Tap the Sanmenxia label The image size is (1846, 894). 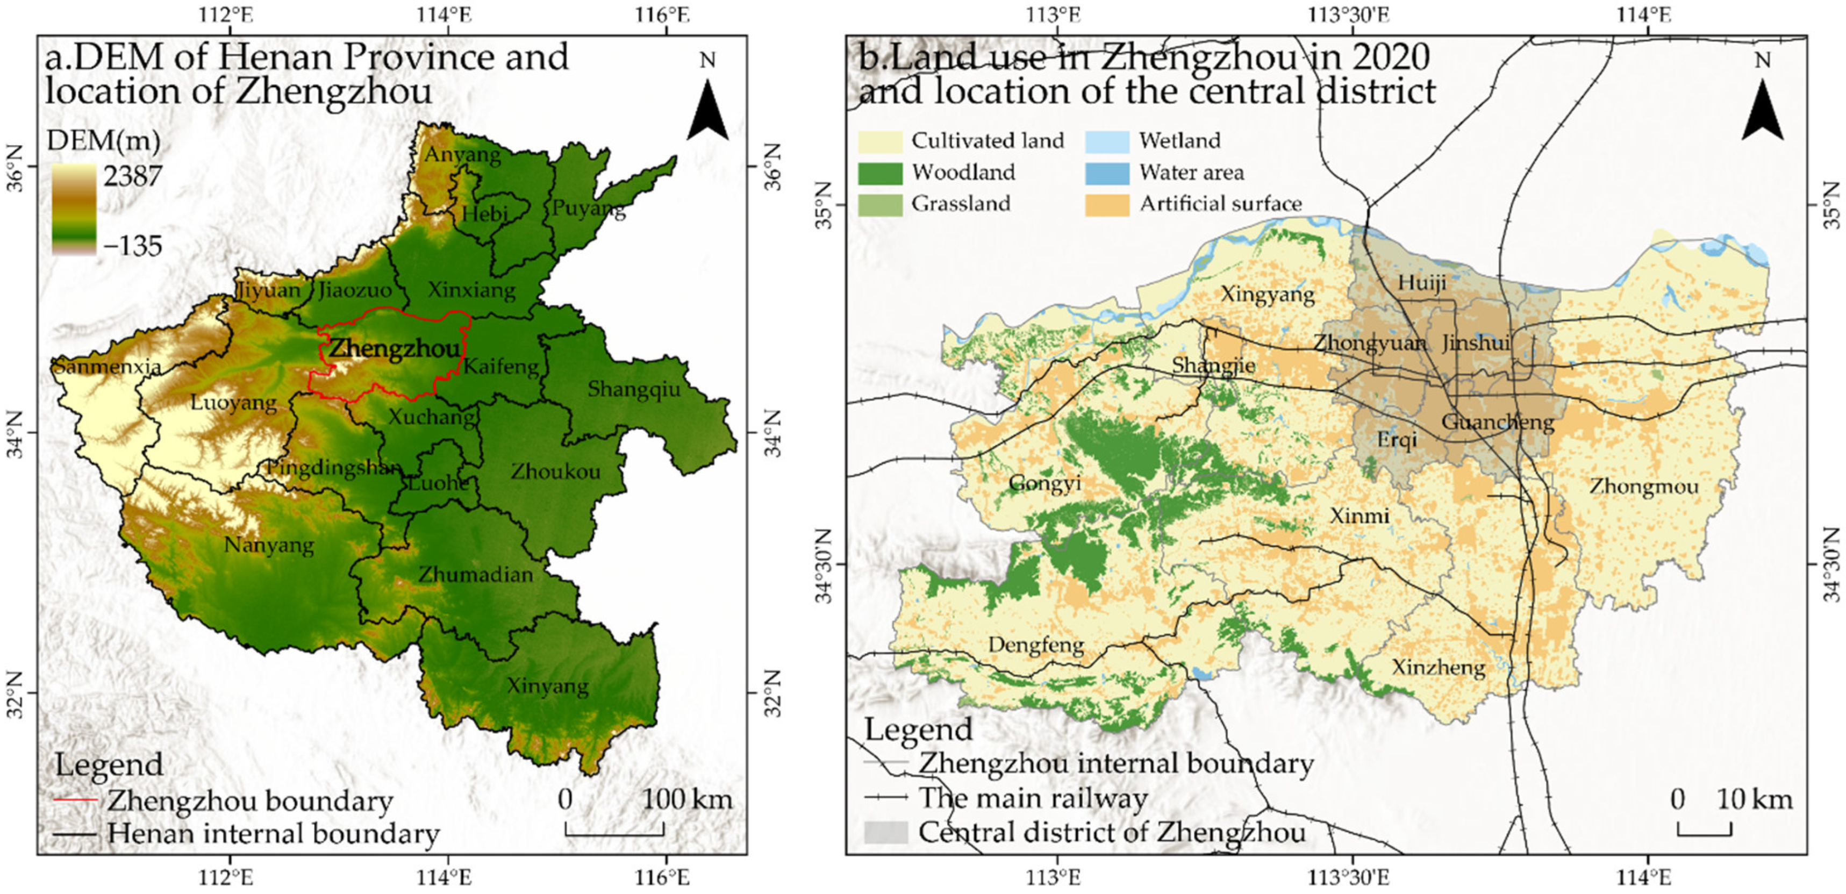coord(108,367)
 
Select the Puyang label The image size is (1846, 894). coord(588,209)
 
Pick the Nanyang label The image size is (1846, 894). coord(269,546)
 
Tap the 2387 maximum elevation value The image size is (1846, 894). coord(133,176)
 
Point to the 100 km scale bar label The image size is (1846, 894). coord(686,799)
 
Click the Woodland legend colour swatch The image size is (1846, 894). coord(880,173)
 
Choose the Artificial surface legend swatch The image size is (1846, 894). coord(1107,204)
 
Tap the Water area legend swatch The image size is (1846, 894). coord(1107,173)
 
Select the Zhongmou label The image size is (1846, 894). coord(1644,487)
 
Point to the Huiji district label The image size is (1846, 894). coord(1422,283)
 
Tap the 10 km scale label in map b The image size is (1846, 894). coord(1754,799)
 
